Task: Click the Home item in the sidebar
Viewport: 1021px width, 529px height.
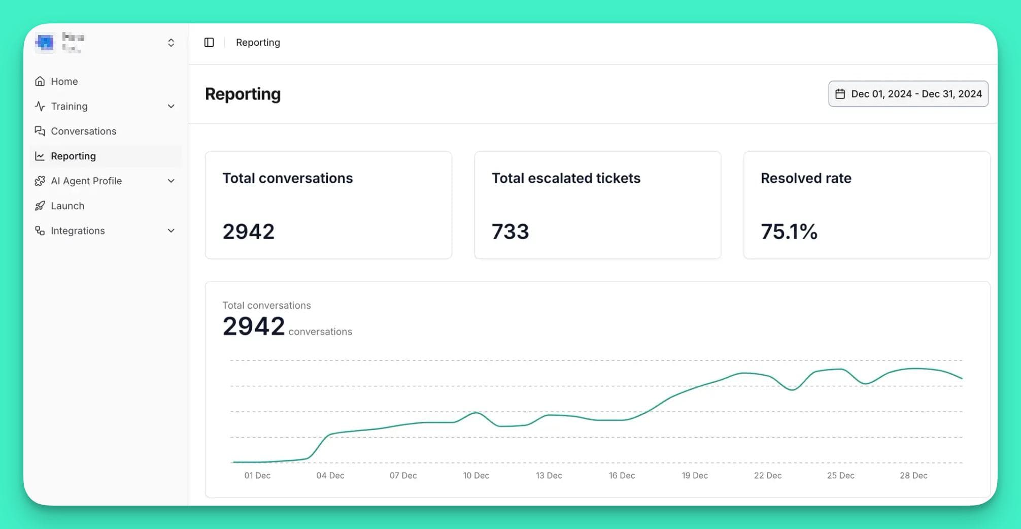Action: point(64,81)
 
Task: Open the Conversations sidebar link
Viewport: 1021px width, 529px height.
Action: point(83,131)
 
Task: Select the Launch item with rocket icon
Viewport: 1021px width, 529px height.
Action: point(67,206)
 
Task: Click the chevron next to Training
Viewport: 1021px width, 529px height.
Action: point(171,106)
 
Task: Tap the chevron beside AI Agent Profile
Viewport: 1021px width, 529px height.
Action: point(171,181)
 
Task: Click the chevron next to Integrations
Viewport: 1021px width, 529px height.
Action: point(171,230)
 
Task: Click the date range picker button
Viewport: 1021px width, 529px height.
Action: point(908,94)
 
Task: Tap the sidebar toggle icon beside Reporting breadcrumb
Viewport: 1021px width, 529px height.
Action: point(209,42)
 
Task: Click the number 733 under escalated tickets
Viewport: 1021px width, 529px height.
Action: point(510,232)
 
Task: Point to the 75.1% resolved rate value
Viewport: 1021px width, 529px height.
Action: point(789,232)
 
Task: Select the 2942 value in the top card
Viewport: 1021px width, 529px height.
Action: point(248,232)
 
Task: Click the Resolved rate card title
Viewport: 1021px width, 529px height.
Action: point(806,178)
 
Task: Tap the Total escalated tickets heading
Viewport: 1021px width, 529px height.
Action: point(566,178)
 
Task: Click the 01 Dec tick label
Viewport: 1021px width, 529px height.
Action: point(257,476)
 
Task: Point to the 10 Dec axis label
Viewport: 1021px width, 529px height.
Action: point(476,476)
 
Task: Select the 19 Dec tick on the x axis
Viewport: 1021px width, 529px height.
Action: point(694,476)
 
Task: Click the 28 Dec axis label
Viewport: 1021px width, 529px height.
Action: point(913,476)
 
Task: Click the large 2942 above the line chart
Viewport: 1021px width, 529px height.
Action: point(253,326)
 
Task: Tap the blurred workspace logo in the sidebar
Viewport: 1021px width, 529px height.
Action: point(45,43)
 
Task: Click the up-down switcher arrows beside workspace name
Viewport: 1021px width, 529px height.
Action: point(171,43)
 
